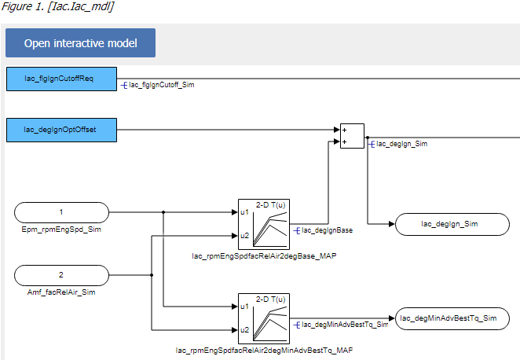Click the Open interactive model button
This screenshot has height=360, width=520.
80,43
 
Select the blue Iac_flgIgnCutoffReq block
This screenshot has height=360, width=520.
61,79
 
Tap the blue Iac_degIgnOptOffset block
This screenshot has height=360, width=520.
61,130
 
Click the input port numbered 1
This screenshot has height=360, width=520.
61,211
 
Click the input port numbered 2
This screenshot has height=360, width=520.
61,275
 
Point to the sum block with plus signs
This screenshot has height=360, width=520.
351,135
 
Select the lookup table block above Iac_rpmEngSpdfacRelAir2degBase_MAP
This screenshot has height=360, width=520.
264,223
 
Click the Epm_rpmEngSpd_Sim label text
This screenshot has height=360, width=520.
61,230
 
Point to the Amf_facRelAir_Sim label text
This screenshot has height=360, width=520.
61,292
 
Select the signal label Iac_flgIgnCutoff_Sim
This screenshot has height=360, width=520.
160,84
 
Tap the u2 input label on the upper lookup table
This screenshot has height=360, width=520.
244,235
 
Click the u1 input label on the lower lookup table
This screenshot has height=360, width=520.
244,306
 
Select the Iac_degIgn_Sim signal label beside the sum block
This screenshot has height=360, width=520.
401,144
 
